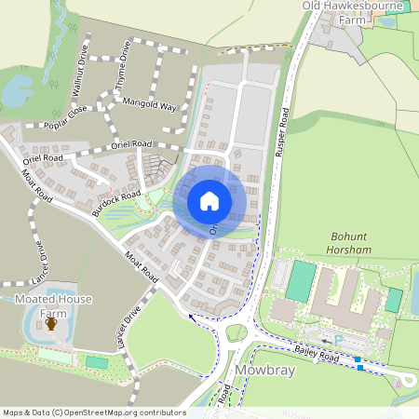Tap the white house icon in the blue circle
[x=209, y=201]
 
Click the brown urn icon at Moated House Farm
[x=51, y=324]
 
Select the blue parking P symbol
[x=338, y=340]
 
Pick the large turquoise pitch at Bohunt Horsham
[x=301, y=280]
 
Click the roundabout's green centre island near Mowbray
[x=237, y=333]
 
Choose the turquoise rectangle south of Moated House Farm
[x=96, y=362]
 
